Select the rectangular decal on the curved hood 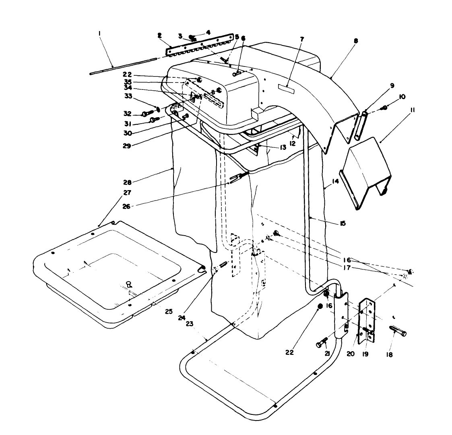(286, 87)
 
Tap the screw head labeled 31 (153, 120)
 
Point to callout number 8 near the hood (356, 41)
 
